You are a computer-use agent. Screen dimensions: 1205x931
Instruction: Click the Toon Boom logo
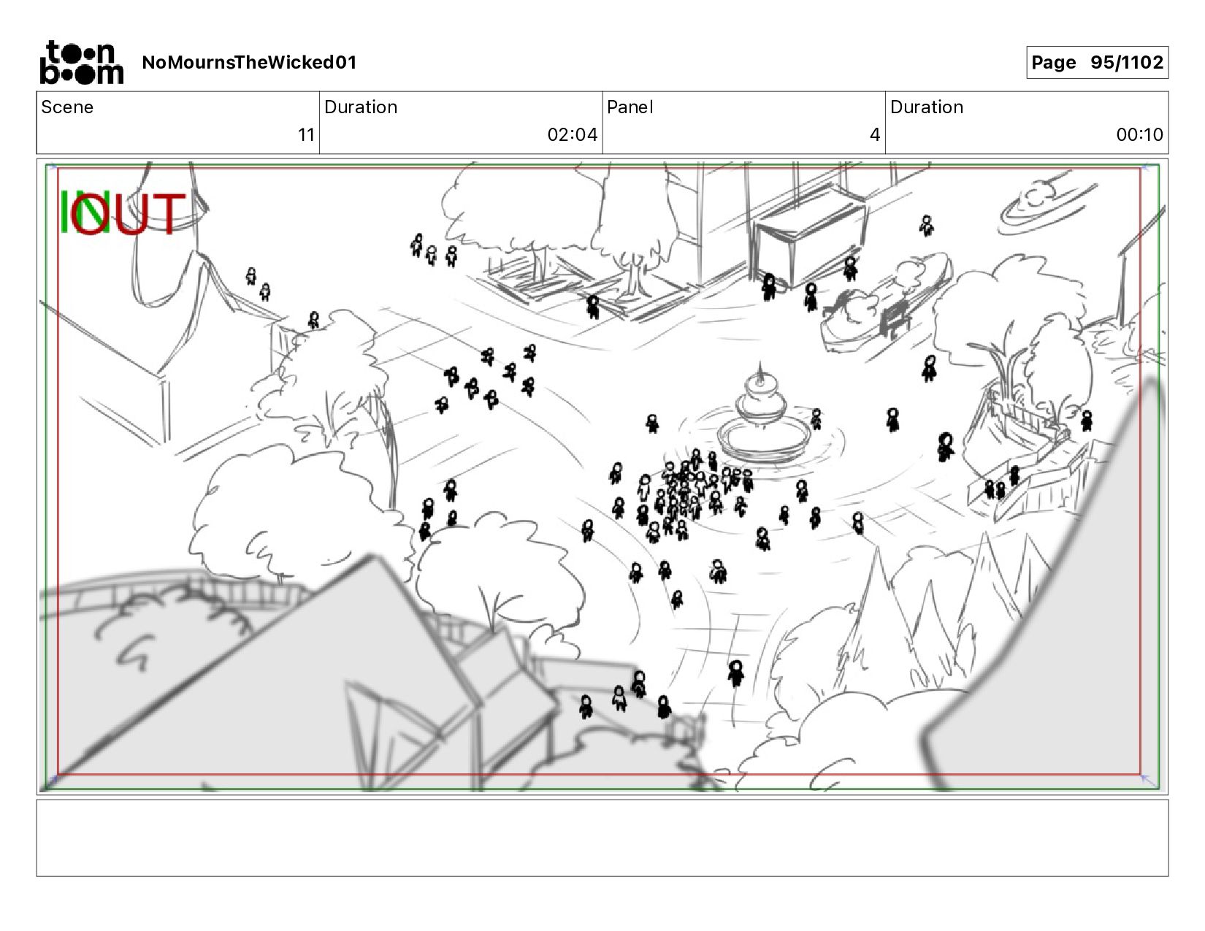[x=82, y=63]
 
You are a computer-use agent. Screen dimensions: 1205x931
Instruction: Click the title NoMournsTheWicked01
[x=249, y=62]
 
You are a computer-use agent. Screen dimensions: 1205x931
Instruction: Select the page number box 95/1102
[x=1097, y=62]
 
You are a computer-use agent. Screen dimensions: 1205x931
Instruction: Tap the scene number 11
[x=306, y=134]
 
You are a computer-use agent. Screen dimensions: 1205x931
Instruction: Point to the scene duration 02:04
[x=572, y=134]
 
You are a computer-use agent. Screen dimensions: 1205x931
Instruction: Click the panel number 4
[x=874, y=134]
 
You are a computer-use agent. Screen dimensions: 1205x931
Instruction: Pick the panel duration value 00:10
[x=1139, y=134]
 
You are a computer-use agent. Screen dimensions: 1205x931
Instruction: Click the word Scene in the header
[x=67, y=107]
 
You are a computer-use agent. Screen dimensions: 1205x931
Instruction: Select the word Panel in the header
[x=630, y=107]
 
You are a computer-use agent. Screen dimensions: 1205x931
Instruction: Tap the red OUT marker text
[x=128, y=213]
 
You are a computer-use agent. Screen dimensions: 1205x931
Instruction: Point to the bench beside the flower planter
[x=893, y=320]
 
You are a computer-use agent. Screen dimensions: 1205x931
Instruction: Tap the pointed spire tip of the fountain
[x=761, y=361]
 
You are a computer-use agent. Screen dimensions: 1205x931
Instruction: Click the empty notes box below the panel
[x=602, y=838]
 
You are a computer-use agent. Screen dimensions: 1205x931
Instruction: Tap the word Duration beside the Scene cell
[x=361, y=107]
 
